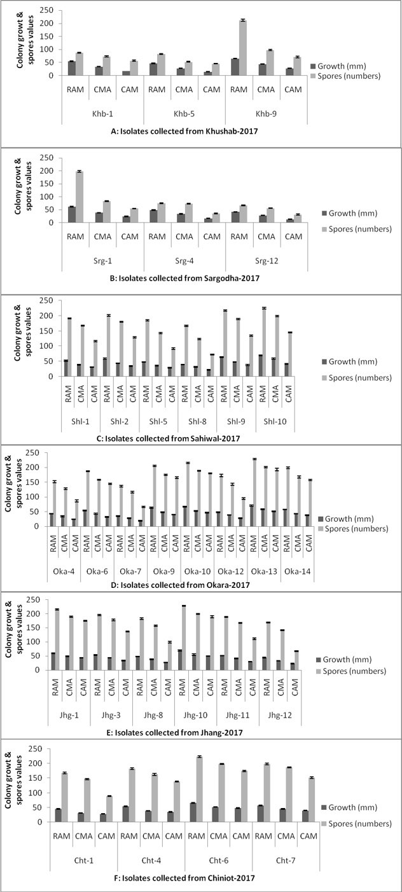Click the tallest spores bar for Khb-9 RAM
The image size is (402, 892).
coord(242,48)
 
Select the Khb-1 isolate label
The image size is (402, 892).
coord(102,113)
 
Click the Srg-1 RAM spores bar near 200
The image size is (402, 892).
coord(80,197)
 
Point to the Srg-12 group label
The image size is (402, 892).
coord(267,261)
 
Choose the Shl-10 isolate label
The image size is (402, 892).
coord(275,421)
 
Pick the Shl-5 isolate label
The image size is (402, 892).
coord(158,421)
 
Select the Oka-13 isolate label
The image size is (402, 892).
coord(264,571)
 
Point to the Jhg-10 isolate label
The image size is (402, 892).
coord(195,714)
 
